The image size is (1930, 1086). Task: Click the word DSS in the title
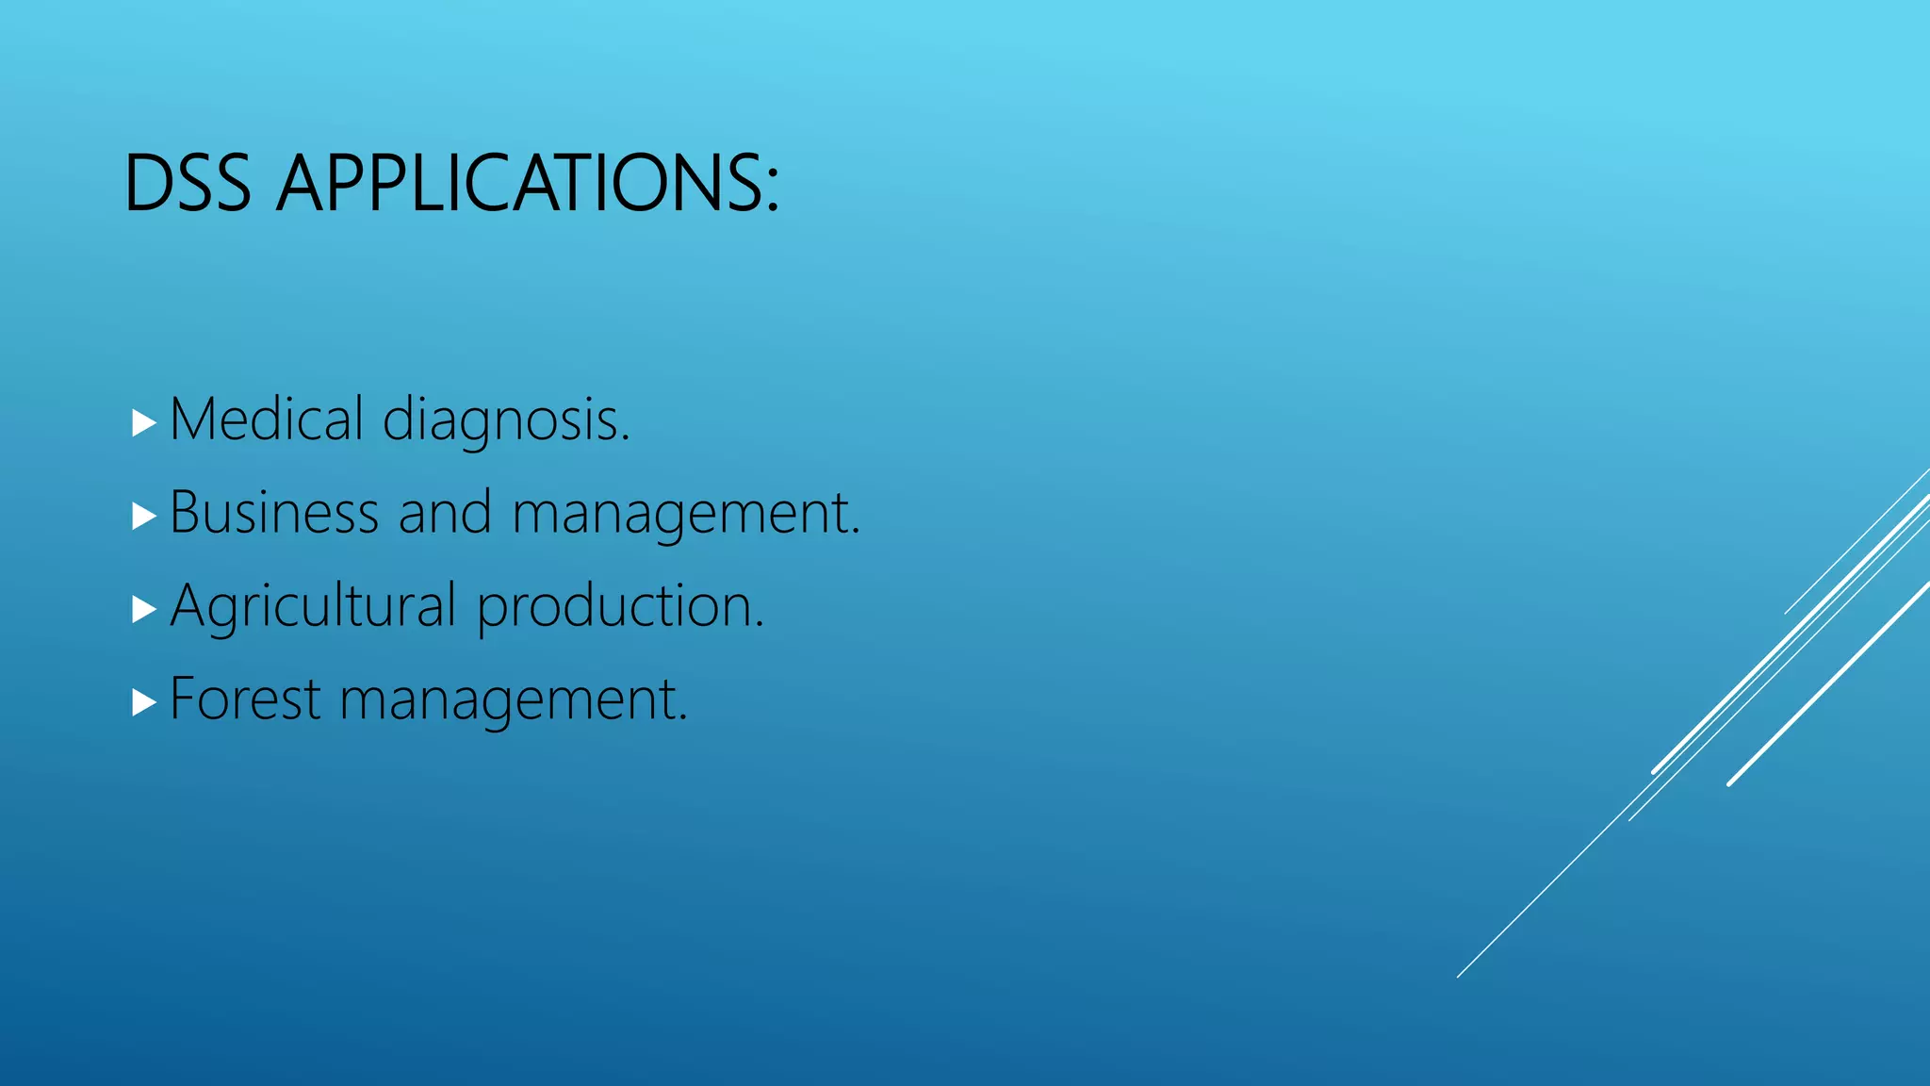(188, 183)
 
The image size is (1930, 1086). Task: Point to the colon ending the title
(773, 188)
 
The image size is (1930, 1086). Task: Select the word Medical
(267, 419)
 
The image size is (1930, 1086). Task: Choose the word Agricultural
(313, 606)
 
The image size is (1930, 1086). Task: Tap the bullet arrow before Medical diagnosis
(143, 422)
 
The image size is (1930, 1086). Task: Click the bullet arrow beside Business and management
(143, 516)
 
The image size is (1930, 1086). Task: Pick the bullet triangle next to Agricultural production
(143, 609)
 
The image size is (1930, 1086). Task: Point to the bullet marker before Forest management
(143, 702)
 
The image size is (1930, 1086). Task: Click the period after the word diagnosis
(625, 438)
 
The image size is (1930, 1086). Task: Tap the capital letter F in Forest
(183, 699)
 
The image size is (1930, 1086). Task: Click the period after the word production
(759, 625)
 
